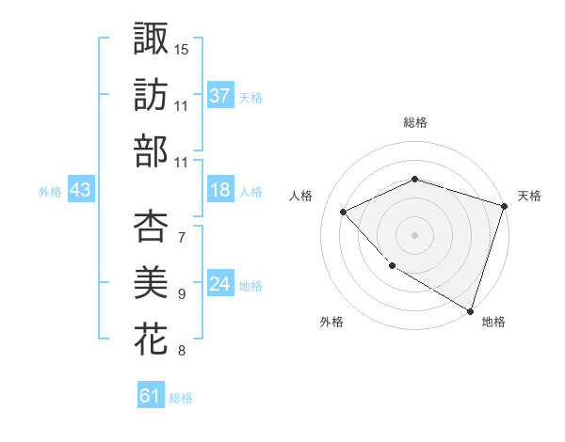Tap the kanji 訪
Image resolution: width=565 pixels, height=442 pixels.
tap(151, 94)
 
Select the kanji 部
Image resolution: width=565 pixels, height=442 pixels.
tap(151, 150)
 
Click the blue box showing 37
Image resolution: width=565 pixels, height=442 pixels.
tap(220, 95)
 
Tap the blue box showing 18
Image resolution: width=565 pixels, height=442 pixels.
tap(220, 190)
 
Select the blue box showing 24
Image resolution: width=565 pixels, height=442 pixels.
tap(220, 284)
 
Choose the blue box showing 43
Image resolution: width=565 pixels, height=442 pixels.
tap(80, 190)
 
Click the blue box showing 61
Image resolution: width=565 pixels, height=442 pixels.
tap(151, 396)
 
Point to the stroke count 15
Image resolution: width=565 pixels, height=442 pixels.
tap(182, 48)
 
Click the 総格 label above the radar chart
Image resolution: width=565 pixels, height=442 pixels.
tap(415, 122)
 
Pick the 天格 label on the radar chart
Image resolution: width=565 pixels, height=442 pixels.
tap(529, 196)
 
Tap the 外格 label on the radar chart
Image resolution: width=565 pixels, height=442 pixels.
tap(331, 322)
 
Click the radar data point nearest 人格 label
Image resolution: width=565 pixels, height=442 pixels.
tap(345, 212)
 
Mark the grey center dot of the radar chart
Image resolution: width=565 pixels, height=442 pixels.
tap(414, 234)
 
